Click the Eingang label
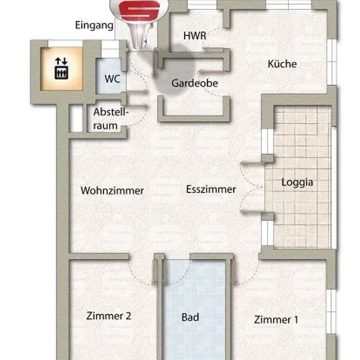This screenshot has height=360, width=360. [94, 26]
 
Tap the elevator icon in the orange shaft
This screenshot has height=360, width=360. [62, 72]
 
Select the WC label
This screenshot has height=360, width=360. [113, 79]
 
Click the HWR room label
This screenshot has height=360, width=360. [194, 36]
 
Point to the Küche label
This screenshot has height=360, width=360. [282, 63]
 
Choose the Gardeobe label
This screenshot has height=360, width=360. [194, 83]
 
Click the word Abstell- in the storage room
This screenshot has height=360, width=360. [111, 112]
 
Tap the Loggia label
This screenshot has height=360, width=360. [297, 183]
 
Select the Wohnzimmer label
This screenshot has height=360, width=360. [113, 190]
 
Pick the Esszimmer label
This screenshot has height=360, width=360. [211, 189]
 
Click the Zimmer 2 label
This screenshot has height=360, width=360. [109, 316]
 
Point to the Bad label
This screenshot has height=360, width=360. [190, 317]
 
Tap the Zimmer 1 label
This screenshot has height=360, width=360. [276, 319]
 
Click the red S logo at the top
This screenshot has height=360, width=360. [139, 10]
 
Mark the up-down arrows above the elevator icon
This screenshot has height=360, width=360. [61, 61]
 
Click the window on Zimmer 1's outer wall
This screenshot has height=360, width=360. [331, 312]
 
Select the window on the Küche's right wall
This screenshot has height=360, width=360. [332, 62]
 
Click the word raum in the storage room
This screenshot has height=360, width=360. [105, 126]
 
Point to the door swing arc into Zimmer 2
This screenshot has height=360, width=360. [138, 277]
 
